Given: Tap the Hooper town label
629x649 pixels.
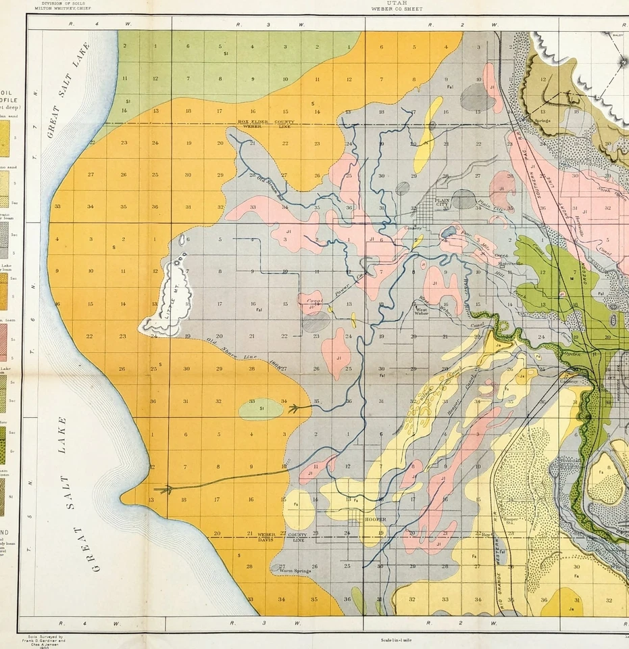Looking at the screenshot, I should click(x=375, y=519).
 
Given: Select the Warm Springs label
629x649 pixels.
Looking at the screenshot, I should click(x=294, y=571).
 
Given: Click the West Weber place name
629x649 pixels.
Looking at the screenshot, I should click(x=422, y=310).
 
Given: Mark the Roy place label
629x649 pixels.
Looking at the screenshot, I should click(x=484, y=535).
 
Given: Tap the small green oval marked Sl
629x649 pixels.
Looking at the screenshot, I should click(x=261, y=408).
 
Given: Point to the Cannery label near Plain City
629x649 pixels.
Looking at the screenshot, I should click(x=413, y=229).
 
